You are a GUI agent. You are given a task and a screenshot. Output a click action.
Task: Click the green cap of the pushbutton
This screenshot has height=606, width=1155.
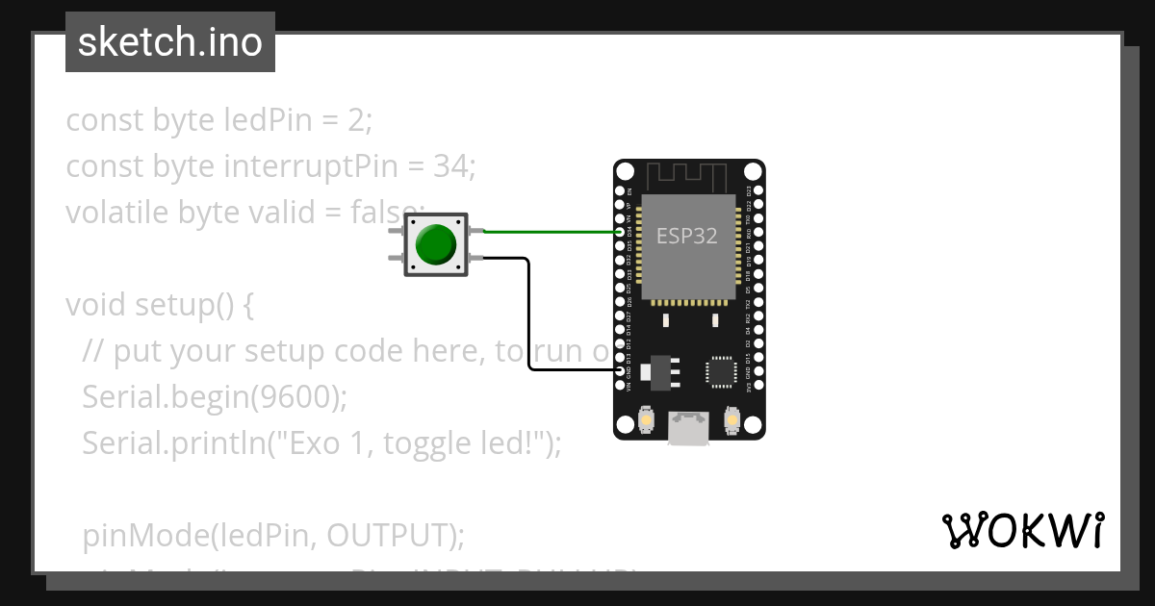(x=436, y=245)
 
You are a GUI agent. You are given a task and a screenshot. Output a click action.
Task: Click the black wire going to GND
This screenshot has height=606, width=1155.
(x=528, y=317)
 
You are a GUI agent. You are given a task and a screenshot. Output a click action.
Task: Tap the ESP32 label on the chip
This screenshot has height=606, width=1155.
(x=686, y=236)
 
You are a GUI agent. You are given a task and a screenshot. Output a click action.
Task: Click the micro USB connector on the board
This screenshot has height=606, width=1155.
(x=689, y=428)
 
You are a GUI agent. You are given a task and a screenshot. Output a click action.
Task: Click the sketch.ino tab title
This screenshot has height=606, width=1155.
(x=170, y=42)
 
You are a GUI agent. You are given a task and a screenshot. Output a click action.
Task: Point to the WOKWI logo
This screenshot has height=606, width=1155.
(x=1022, y=530)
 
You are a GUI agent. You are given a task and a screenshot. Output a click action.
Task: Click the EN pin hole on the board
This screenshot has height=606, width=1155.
(x=621, y=191)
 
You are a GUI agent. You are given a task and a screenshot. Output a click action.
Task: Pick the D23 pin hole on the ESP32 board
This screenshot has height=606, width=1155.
(x=758, y=191)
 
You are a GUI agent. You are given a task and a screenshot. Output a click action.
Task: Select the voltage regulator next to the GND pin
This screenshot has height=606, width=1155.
(x=659, y=372)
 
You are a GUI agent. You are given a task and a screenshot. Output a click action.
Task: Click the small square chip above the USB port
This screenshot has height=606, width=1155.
(x=721, y=371)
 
